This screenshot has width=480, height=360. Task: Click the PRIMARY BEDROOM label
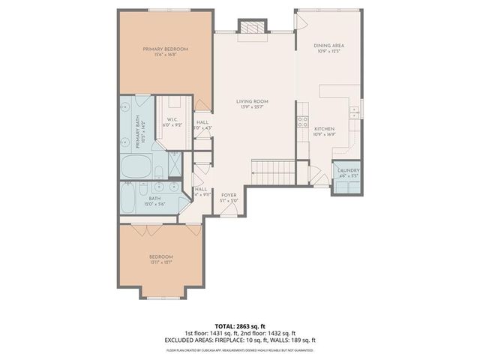[x=166, y=51]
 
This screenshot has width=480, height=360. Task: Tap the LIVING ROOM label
[x=252, y=103]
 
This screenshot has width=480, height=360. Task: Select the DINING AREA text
[x=328, y=48]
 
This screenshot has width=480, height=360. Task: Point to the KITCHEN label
[x=324, y=132]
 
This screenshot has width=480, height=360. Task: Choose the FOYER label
[x=229, y=196]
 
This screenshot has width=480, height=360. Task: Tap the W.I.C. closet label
[x=172, y=122]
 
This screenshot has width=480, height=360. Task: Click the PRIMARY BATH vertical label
[x=140, y=132]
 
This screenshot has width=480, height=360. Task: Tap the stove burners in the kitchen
[x=303, y=120]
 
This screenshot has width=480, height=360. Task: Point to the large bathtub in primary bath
[x=136, y=165]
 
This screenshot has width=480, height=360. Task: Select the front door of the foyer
[x=229, y=214]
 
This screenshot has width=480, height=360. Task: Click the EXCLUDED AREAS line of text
[x=240, y=340]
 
